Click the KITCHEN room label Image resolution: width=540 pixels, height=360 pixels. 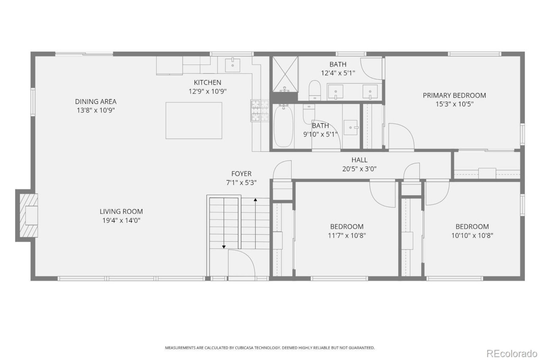click(x=207, y=82)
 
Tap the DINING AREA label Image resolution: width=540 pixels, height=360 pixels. click(x=96, y=101)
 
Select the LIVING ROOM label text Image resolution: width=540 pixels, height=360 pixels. click(x=121, y=211)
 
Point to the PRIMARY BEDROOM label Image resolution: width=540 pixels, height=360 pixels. click(x=454, y=95)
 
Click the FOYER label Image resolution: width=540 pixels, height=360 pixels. click(x=241, y=173)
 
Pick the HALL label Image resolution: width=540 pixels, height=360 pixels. click(x=359, y=160)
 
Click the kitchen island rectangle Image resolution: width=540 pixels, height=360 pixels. click(x=194, y=120)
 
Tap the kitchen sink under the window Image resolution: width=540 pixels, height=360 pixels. click(x=232, y=65)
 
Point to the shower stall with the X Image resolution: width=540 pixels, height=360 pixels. click(x=284, y=73)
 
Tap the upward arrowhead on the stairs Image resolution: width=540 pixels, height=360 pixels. click(x=255, y=200)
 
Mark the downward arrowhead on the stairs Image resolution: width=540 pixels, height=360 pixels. click(x=224, y=246)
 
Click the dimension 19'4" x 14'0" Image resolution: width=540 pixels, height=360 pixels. click(x=121, y=220)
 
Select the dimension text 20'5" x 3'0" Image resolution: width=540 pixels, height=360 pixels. click(x=359, y=169)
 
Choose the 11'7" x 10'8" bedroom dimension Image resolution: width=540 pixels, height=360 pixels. click(x=347, y=235)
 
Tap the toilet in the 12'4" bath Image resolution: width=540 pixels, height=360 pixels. click(x=314, y=90)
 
